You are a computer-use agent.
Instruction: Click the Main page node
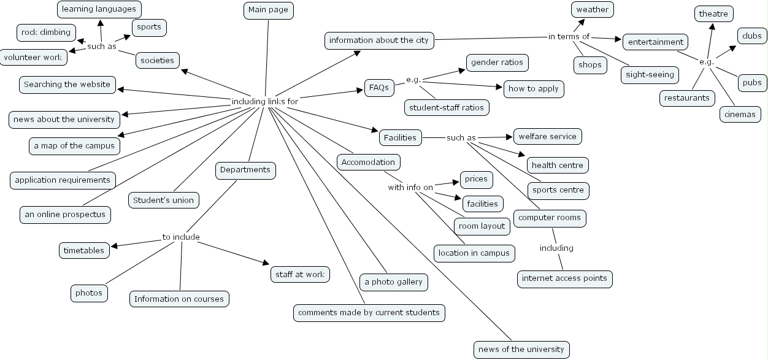click(x=269, y=10)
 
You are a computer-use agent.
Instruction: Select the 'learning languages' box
click(x=99, y=9)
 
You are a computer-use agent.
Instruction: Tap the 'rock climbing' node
click(x=46, y=33)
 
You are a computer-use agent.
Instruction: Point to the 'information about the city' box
click(x=380, y=40)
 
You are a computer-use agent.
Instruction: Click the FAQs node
click(x=379, y=88)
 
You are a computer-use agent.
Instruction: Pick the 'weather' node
click(x=592, y=9)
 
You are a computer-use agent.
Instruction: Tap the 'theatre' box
click(x=713, y=13)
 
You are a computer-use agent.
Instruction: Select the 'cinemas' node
click(x=740, y=114)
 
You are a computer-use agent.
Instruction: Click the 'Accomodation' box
click(x=369, y=162)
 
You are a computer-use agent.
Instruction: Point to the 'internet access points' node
click(x=564, y=278)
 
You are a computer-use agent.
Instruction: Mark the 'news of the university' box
click(x=521, y=350)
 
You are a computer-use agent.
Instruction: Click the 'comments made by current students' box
click(x=369, y=313)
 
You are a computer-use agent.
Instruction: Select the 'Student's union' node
click(x=163, y=200)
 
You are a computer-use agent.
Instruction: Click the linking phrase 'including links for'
click(x=265, y=101)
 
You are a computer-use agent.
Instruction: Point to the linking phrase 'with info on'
click(x=410, y=187)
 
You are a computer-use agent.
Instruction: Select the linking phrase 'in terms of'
click(x=569, y=37)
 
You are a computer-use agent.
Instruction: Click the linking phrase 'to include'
click(x=181, y=237)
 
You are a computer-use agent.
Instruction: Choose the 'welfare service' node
click(x=547, y=136)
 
